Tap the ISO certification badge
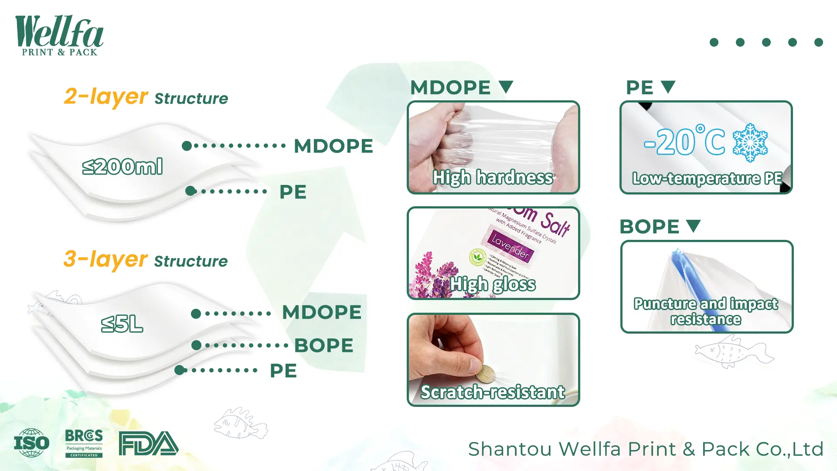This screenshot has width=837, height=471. (x=31, y=443)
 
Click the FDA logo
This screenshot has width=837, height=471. (x=148, y=444)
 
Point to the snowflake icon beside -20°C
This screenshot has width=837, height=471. (x=750, y=143)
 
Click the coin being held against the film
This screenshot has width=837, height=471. (x=484, y=374)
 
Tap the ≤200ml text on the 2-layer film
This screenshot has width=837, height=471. (x=122, y=167)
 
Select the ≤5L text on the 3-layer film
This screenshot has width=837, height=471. (x=122, y=324)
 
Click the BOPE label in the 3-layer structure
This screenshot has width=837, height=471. (x=323, y=345)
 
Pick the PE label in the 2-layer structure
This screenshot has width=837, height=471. (x=293, y=192)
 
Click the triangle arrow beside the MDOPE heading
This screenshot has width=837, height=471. (x=506, y=86)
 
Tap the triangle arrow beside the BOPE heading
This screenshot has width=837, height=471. (x=693, y=225)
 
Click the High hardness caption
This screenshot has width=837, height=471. (x=493, y=177)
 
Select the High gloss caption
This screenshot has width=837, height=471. (x=493, y=284)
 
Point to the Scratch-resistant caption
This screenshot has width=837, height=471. (x=493, y=392)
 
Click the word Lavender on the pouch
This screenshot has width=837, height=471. (x=510, y=246)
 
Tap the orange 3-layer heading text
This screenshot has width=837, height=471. (x=105, y=259)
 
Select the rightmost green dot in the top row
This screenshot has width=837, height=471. (x=818, y=42)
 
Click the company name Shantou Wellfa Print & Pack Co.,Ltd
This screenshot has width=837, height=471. (x=646, y=449)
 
